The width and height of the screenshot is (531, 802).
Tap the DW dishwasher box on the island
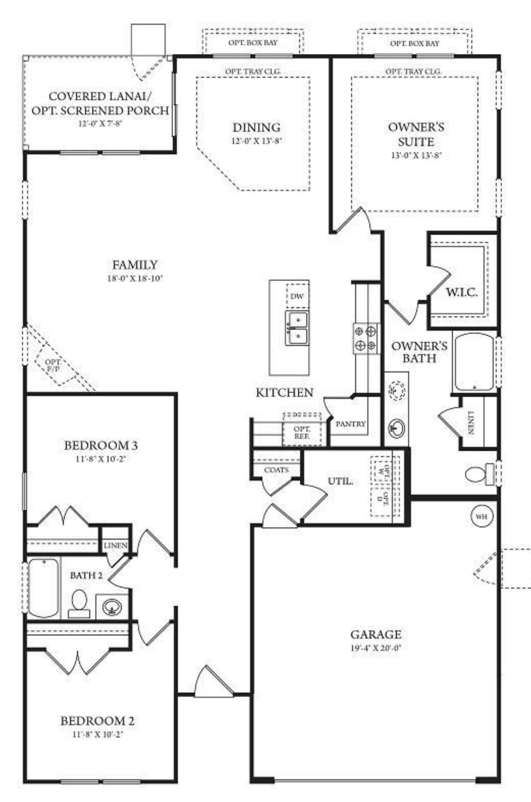pos(297,295)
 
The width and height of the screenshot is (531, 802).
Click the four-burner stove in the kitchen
pos(366,339)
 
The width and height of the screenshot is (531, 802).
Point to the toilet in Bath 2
pos(79,604)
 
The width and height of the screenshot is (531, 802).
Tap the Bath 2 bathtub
pos(43,588)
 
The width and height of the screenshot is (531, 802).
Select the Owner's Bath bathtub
pos(474,363)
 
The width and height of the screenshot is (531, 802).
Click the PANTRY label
pos(351,424)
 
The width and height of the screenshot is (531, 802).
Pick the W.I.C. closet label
pos(462,293)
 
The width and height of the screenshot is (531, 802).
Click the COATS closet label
pos(276,470)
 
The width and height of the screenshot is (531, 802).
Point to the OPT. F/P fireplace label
pos(53,365)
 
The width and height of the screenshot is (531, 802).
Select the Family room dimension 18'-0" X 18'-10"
pos(135,279)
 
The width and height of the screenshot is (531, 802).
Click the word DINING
pos(256,127)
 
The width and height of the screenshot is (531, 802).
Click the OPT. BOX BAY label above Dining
pos(253,42)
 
